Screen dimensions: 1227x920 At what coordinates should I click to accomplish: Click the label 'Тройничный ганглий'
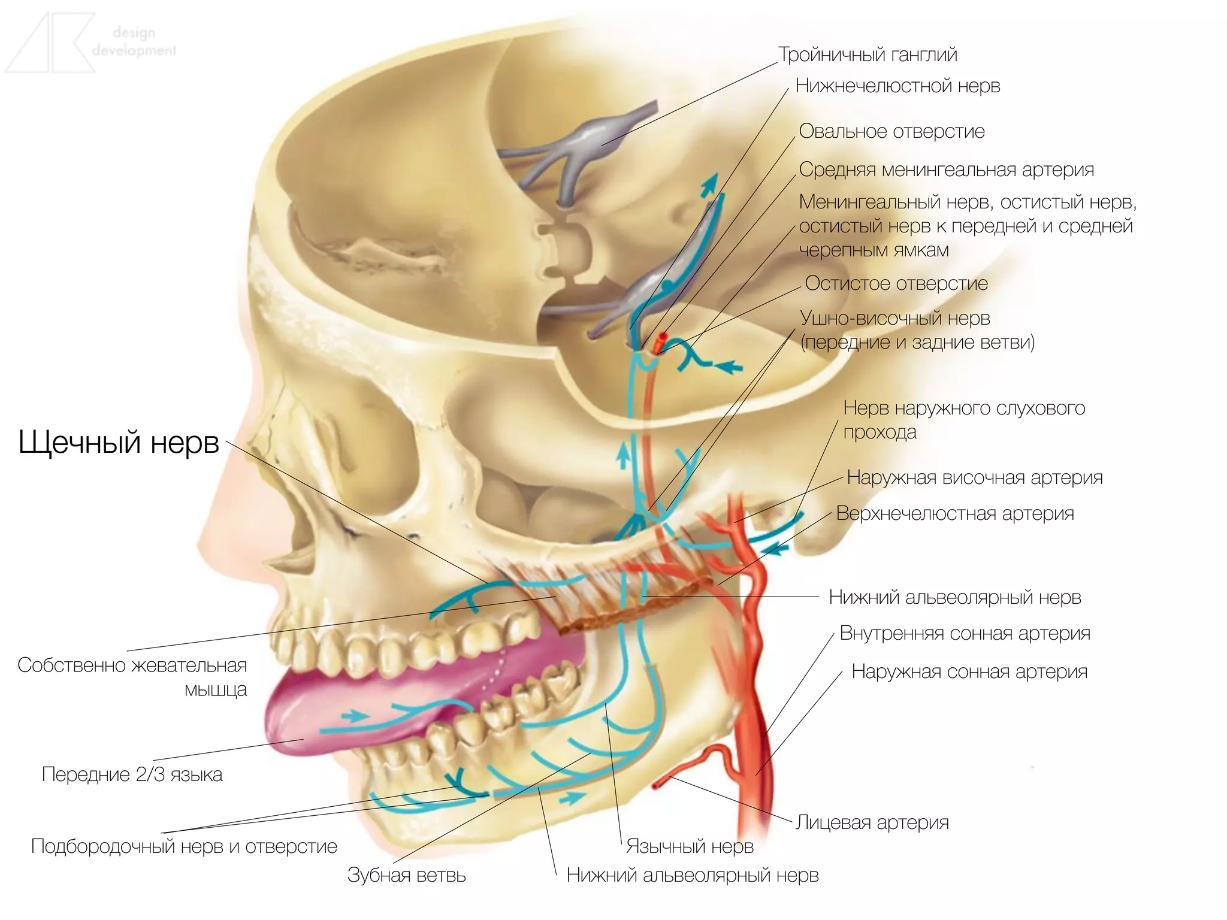click(868, 55)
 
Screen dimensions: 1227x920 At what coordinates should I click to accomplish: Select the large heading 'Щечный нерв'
click(119, 443)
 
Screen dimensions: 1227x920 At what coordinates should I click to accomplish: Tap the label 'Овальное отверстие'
click(891, 131)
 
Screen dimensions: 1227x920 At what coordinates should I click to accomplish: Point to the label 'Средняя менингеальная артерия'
click(946, 170)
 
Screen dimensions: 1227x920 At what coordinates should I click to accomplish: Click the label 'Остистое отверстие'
click(896, 283)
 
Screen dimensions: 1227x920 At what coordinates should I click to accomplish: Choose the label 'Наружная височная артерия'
click(975, 477)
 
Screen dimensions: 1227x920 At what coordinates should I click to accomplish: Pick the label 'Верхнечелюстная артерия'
click(955, 513)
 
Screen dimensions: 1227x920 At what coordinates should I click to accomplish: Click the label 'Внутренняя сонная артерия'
click(965, 633)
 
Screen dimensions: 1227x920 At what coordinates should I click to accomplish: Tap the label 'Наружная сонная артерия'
click(969, 671)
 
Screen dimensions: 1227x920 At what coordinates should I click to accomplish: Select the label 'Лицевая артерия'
click(872, 822)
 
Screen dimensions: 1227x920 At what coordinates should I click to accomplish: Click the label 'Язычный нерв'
click(690, 846)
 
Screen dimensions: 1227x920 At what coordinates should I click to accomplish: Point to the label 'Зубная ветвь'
click(406, 875)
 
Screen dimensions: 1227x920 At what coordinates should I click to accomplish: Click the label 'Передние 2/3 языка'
click(132, 774)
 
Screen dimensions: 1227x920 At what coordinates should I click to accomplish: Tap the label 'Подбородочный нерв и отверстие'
click(184, 846)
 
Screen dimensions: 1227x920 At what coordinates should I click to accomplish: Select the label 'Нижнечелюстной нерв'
click(897, 86)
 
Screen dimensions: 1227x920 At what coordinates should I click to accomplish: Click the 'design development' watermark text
click(134, 41)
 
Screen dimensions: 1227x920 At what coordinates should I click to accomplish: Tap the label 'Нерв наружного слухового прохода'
click(963, 419)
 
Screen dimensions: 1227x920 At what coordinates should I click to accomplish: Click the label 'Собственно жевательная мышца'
click(132, 677)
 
